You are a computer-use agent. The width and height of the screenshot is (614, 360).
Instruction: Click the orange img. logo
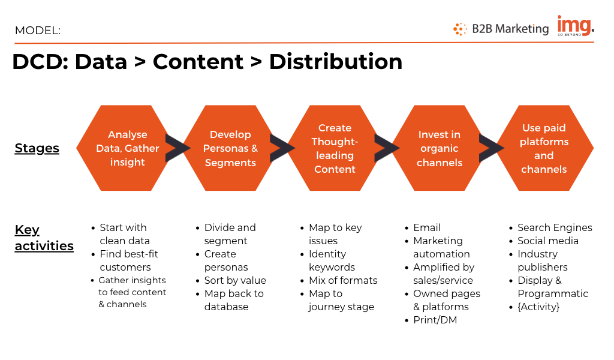[x=576, y=26]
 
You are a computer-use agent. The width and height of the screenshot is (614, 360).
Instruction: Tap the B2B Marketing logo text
[x=510, y=29]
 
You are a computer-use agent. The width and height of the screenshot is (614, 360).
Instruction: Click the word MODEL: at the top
[x=38, y=31]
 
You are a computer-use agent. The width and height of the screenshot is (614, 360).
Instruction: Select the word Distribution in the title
[x=336, y=62]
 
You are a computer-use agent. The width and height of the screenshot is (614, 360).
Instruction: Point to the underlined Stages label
[x=37, y=148]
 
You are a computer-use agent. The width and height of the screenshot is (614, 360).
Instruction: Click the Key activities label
[x=44, y=238]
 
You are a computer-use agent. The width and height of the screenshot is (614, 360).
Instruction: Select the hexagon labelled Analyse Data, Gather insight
[x=127, y=148]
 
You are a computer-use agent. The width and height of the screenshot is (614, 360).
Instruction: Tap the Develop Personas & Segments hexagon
[x=230, y=148]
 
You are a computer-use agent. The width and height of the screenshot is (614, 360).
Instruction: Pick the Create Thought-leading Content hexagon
[x=335, y=148]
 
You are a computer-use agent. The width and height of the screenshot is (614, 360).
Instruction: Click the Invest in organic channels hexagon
[x=440, y=148]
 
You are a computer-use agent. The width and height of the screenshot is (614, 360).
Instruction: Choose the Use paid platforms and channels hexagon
[x=544, y=148]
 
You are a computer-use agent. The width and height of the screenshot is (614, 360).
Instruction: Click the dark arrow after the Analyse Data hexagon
[x=177, y=148]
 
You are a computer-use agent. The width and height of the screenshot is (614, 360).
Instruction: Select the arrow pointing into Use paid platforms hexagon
[x=491, y=148]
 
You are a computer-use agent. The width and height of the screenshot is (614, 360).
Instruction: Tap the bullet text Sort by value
[x=235, y=280]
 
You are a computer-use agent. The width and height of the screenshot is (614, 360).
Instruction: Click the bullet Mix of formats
[x=343, y=280]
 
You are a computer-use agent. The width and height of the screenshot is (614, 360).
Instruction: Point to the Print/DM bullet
[x=435, y=320]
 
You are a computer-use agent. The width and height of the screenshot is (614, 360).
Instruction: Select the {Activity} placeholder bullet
[x=538, y=307]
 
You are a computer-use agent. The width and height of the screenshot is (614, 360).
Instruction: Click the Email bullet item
[x=427, y=227]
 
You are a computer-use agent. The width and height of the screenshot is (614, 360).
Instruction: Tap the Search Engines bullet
[x=555, y=227]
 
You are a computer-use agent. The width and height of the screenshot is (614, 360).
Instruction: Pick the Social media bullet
[x=548, y=241]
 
